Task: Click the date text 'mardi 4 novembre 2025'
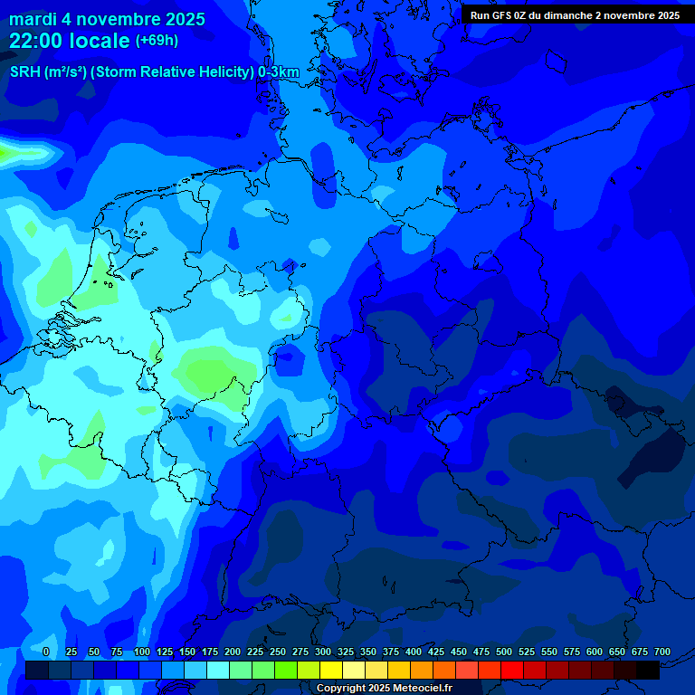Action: (107, 19)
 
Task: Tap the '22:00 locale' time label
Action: (70, 41)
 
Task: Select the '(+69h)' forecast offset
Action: (157, 41)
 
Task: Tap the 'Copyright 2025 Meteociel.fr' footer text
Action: (384, 688)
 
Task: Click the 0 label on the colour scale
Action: (46, 652)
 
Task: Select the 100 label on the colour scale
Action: (142, 652)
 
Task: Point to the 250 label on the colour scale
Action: (278, 652)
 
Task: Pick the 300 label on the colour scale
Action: (323, 652)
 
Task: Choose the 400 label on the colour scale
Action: (414, 652)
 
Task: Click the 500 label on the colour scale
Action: (504, 652)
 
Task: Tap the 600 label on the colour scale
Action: (595, 652)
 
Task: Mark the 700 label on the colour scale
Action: (662, 652)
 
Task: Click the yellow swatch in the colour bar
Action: (331, 671)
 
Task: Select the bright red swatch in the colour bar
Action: (512, 671)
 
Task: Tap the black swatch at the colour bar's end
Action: (648, 671)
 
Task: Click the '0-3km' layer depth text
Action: (279, 72)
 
